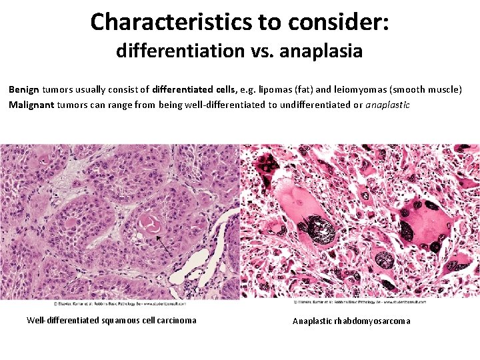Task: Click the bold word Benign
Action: pos(24,89)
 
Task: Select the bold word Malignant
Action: pos(31,105)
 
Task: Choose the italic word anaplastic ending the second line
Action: pos(388,105)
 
